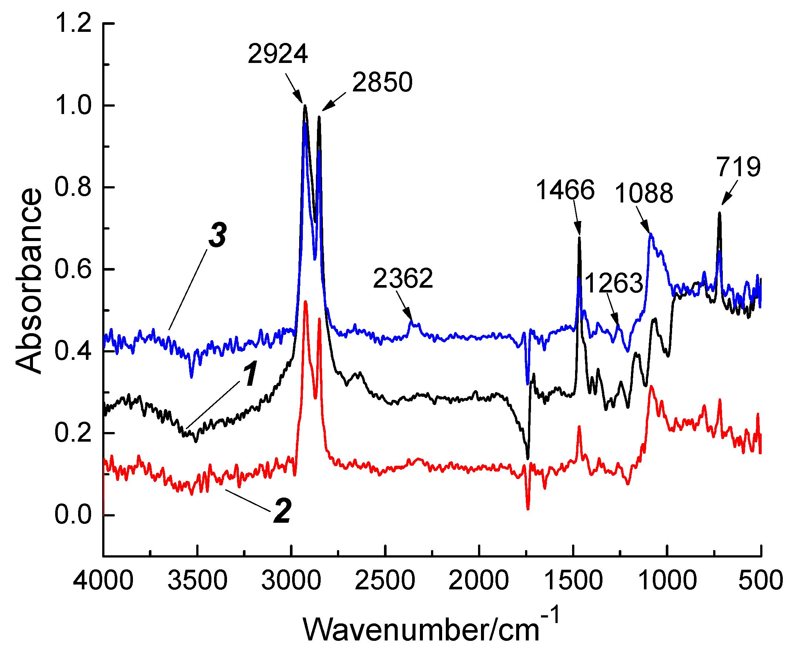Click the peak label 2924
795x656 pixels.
(x=278, y=54)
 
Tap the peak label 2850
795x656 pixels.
(x=382, y=83)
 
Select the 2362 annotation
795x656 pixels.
(x=402, y=278)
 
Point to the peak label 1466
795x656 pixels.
(x=565, y=190)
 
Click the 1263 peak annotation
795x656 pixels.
(x=614, y=283)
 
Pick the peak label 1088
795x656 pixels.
(x=644, y=194)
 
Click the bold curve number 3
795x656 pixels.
(x=218, y=235)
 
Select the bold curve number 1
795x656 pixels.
(x=250, y=374)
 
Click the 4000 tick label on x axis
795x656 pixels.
(x=103, y=580)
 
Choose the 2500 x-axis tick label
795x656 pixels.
(x=385, y=580)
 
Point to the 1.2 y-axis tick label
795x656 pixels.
(x=73, y=23)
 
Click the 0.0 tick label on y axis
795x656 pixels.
(x=73, y=515)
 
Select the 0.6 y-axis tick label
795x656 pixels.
(x=73, y=269)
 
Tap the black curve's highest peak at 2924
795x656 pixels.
(x=305, y=106)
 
